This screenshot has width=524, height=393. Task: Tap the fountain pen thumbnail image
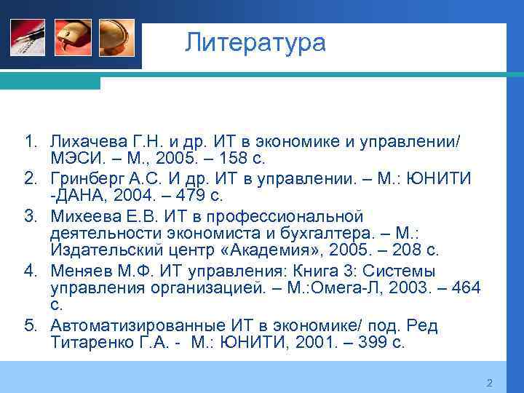(x=28, y=38)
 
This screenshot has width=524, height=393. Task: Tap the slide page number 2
(x=489, y=384)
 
